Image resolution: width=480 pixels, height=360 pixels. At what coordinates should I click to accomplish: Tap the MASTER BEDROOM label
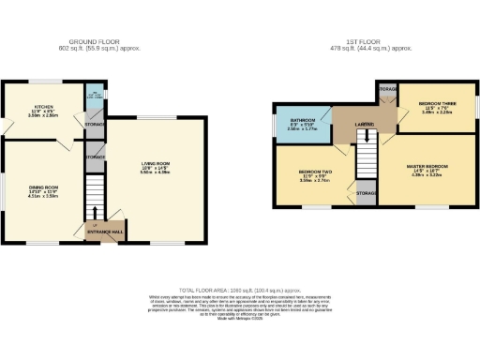click(426, 167)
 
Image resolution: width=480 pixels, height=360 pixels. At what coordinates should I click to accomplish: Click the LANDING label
click(365, 124)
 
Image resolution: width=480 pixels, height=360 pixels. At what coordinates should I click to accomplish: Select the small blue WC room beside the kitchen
click(94, 97)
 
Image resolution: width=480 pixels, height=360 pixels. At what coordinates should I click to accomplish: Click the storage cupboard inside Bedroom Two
click(367, 193)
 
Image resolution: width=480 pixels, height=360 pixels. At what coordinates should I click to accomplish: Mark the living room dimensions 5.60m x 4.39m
click(155, 172)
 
